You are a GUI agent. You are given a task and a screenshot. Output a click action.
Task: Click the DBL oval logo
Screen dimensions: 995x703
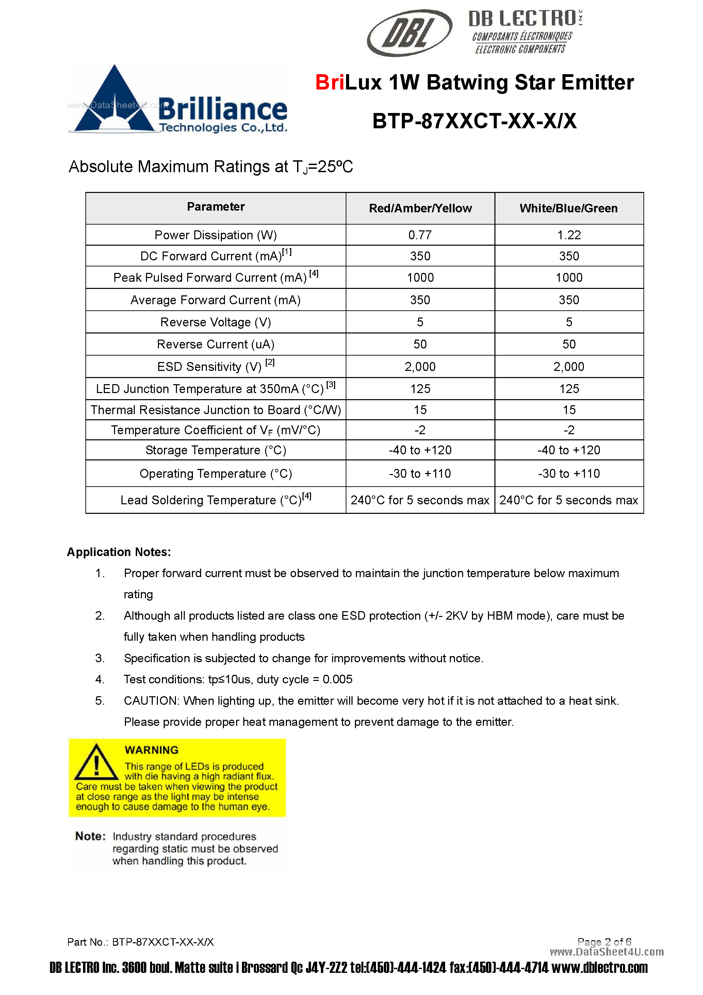(x=409, y=33)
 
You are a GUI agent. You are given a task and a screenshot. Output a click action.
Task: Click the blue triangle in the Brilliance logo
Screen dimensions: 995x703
(x=114, y=102)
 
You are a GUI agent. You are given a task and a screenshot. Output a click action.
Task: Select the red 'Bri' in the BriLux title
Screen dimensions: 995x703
(x=330, y=82)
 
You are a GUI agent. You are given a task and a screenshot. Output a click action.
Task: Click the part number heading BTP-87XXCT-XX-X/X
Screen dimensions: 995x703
(x=474, y=121)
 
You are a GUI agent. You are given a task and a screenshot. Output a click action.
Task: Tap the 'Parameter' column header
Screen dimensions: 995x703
(x=215, y=207)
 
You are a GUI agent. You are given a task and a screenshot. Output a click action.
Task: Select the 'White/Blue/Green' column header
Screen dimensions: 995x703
(x=568, y=209)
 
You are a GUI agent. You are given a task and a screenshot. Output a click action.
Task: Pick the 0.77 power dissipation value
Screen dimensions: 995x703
(x=420, y=235)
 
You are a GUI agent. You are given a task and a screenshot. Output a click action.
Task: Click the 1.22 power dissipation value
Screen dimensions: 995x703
(x=569, y=235)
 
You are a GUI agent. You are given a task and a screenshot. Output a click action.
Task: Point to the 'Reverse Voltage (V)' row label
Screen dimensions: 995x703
(x=215, y=322)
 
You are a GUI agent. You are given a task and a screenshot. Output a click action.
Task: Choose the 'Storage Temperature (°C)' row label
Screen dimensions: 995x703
(x=215, y=450)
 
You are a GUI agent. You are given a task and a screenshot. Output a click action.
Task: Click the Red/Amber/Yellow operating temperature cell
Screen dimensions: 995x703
(x=420, y=474)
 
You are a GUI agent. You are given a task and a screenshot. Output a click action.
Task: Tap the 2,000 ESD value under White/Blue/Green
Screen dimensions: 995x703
(x=569, y=366)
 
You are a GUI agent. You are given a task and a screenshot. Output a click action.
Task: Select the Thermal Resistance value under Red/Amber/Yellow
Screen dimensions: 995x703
(x=420, y=410)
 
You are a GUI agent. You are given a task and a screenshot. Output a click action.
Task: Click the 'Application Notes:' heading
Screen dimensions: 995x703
(x=119, y=552)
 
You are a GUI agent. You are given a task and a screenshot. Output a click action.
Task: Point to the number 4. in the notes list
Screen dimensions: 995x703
(x=100, y=680)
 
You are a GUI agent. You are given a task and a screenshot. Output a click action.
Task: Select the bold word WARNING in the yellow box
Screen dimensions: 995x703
(x=151, y=750)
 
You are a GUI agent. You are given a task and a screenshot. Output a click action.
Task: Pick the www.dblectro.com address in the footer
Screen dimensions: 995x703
(x=600, y=968)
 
